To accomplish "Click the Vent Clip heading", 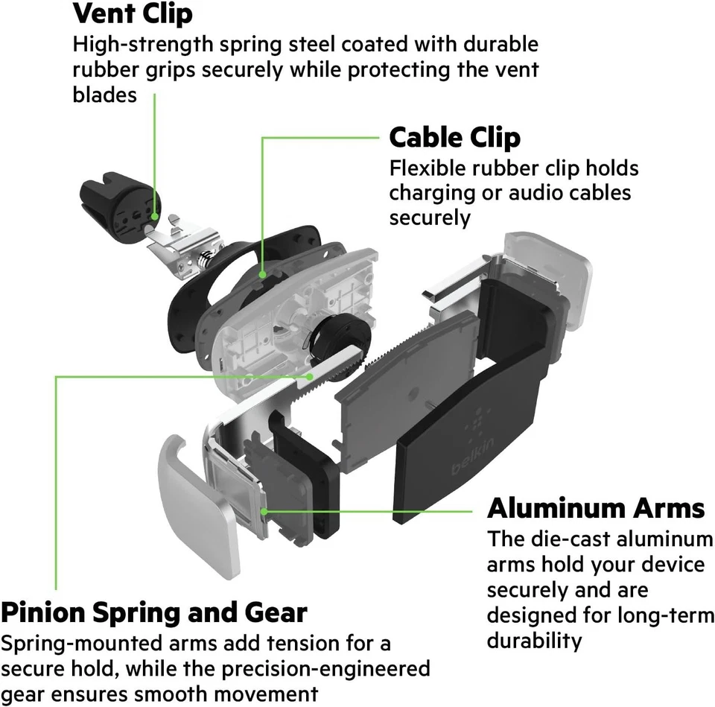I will coord(133,13).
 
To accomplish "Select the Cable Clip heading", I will coord(454,138).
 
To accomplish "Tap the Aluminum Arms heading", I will coord(595,508).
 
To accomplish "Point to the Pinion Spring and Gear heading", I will coord(153,612).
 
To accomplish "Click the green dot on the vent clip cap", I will coord(155,216).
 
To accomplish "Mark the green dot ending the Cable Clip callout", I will coord(262,275).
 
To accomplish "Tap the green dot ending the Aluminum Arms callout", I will coord(264,511).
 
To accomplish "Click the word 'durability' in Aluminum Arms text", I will coord(534,641).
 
